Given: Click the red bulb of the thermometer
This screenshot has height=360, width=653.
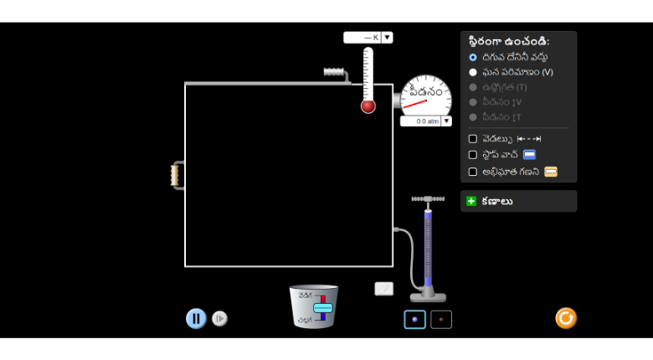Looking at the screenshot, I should pos(368,106).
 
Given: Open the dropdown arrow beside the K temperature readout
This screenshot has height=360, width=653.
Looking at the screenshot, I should pos(387,37).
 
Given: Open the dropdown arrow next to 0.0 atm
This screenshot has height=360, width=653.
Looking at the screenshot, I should pos(446,121).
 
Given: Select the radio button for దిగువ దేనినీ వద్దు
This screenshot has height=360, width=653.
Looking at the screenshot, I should pos(473,57).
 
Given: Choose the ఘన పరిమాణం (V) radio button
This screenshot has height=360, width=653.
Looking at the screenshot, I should pos(473,72).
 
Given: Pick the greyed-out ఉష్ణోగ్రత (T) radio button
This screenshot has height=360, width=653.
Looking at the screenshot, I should pos(473,87).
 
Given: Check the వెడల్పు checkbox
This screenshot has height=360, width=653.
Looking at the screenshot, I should pos(473,139).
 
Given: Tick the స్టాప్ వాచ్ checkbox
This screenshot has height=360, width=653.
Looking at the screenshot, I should pos(473,155).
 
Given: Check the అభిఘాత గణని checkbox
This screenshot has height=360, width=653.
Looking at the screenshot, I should pos(473,172).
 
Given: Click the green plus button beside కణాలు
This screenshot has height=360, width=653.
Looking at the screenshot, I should pos(471,201).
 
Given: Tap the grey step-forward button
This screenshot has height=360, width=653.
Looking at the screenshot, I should pos(219,318).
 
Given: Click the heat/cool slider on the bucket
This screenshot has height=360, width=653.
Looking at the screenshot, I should pos(323,307).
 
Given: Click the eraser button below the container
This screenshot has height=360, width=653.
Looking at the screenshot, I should pos(383,289).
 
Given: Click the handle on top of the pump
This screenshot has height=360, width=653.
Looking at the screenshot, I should pos(428,199).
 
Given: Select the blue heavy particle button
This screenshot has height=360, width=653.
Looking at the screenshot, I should pos(414,319).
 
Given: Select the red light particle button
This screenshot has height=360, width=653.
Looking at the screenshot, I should pos(441,319).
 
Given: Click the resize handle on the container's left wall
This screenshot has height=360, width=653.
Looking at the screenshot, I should pos(177,175).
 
